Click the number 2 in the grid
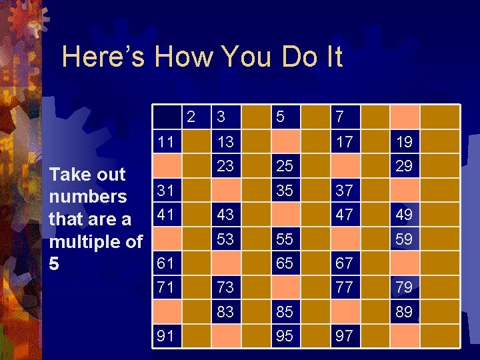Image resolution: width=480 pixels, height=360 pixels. [x=191, y=117]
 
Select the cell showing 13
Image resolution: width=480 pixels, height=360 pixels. [x=225, y=142]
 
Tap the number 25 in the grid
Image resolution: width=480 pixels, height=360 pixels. [x=285, y=166]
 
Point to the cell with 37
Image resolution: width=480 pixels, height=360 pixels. [x=344, y=191]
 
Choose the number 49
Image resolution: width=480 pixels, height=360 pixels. [x=403, y=215]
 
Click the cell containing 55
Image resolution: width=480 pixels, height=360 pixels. [x=285, y=239]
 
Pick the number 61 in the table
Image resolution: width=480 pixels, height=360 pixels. [x=166, y=263]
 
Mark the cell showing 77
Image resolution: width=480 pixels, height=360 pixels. [x=344, y=287]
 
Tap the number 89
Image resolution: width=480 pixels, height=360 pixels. [x=403, y=311]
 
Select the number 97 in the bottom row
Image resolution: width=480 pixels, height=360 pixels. [x=344, y=335]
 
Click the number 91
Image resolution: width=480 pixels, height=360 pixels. [x=166, y=335]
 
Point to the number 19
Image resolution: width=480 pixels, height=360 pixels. [x=403, y=142]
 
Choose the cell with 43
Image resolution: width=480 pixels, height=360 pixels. [x=225, y=215]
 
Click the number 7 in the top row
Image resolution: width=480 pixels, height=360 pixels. [x=339, y=117]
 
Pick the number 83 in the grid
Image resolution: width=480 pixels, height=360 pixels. [x=225, y=311]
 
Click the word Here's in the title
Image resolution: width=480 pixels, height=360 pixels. [x=103, y=57]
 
